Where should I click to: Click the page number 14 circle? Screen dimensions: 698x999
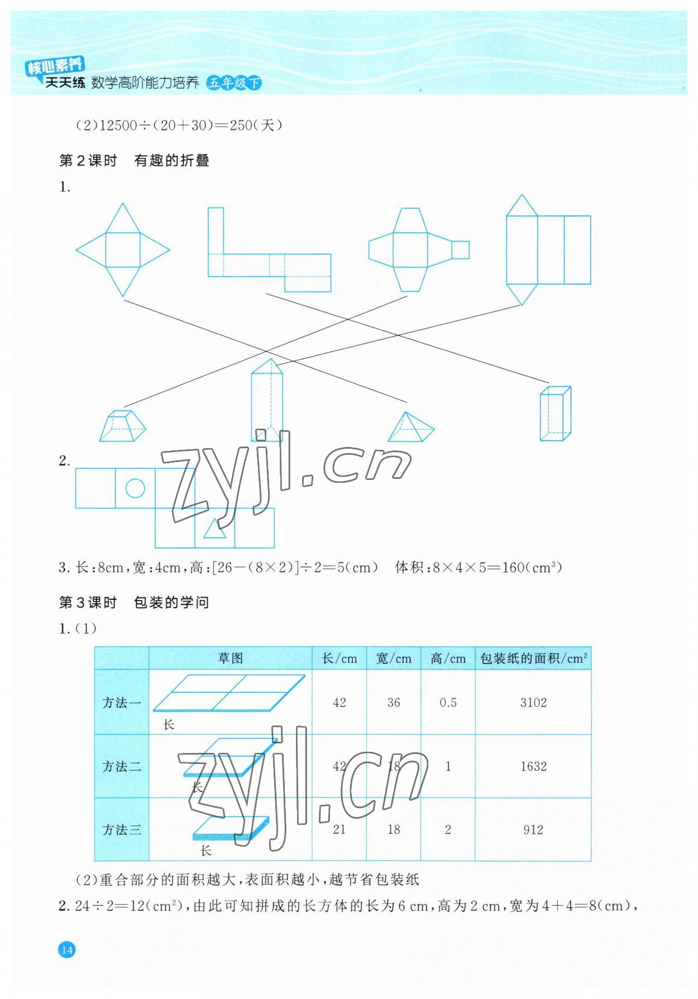pos(66,949)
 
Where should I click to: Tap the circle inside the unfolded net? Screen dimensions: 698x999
pos(135,488)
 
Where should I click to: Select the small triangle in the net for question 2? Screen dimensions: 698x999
pos(214,529)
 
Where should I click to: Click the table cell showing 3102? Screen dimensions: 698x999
pos(533,702)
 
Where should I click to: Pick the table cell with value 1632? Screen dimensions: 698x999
pos(533,766)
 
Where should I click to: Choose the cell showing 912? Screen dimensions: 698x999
pos(533,830)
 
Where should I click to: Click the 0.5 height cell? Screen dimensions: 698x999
pos(448,702)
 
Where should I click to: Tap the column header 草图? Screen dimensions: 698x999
pos(230,659)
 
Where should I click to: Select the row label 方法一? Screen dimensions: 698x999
pos(122,702)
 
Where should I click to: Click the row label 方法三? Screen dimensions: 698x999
pos(122,830)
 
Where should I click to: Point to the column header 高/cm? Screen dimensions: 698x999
pos(448,659)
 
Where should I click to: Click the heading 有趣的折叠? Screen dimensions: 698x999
pos(171,161)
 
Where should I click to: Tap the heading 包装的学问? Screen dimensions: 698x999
pos(171,603)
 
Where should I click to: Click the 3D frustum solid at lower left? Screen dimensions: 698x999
pos(122,426)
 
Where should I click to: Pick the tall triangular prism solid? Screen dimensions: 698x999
pos(267,400)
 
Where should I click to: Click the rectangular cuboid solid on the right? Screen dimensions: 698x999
pos(555,414)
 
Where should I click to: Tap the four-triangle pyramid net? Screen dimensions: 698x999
pos(123,250)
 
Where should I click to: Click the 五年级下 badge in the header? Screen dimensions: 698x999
pos(233,83)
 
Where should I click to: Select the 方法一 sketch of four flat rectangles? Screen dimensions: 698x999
pos(229,693)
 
